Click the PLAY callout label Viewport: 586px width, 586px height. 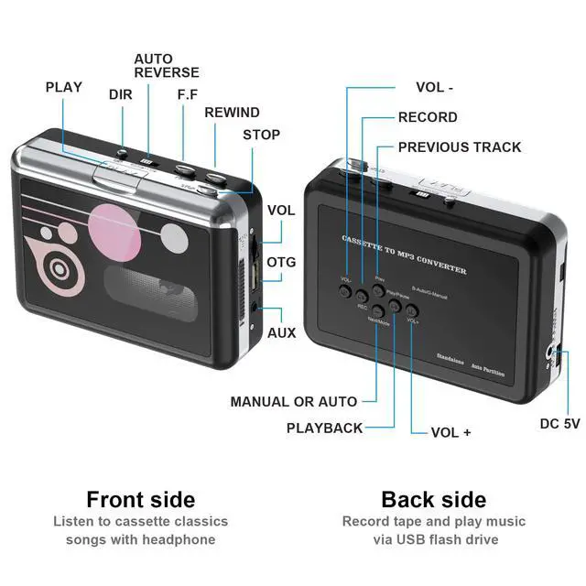click(63, 87)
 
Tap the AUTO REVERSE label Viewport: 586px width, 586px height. click(166, 65)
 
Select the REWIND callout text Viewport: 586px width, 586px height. click(232, 112)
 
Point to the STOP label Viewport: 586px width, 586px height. click(261, 135)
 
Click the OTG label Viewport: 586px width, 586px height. click(281, 262)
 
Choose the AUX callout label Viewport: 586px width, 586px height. click(281, 332)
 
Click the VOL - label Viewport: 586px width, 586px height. click(435, 88)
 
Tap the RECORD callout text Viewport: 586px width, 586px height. click(428, 117)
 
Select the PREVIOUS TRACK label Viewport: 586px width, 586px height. click(460, 146)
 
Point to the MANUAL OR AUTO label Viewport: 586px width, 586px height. click(293, 401)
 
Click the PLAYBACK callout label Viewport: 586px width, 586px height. click(324, 428)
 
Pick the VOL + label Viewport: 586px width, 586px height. click(450, 431)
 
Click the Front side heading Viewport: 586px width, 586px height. click(140, 500)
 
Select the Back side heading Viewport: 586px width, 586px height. click(433, 500)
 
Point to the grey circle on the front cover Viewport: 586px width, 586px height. click(178, 241)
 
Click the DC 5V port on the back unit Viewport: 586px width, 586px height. click(552, 353)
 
